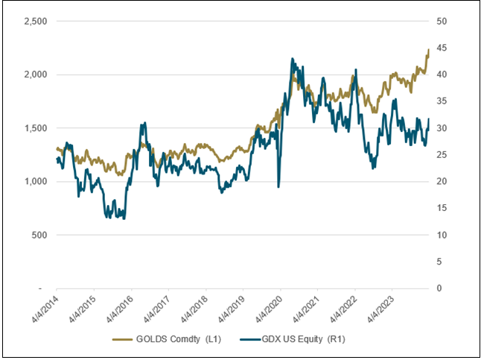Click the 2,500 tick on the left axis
[x=35, y=22]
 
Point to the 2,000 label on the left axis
[x=35, y=75]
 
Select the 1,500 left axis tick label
[x=35, y=128]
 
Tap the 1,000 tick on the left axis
[x=35, y=181]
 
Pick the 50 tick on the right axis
[x=442, y=22]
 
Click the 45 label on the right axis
[x=442, y=48]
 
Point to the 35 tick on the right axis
[x=442, y=101]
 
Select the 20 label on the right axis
[x=442, y=181]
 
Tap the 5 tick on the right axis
[x=439, y=262]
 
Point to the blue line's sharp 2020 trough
[x=278, y=186]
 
